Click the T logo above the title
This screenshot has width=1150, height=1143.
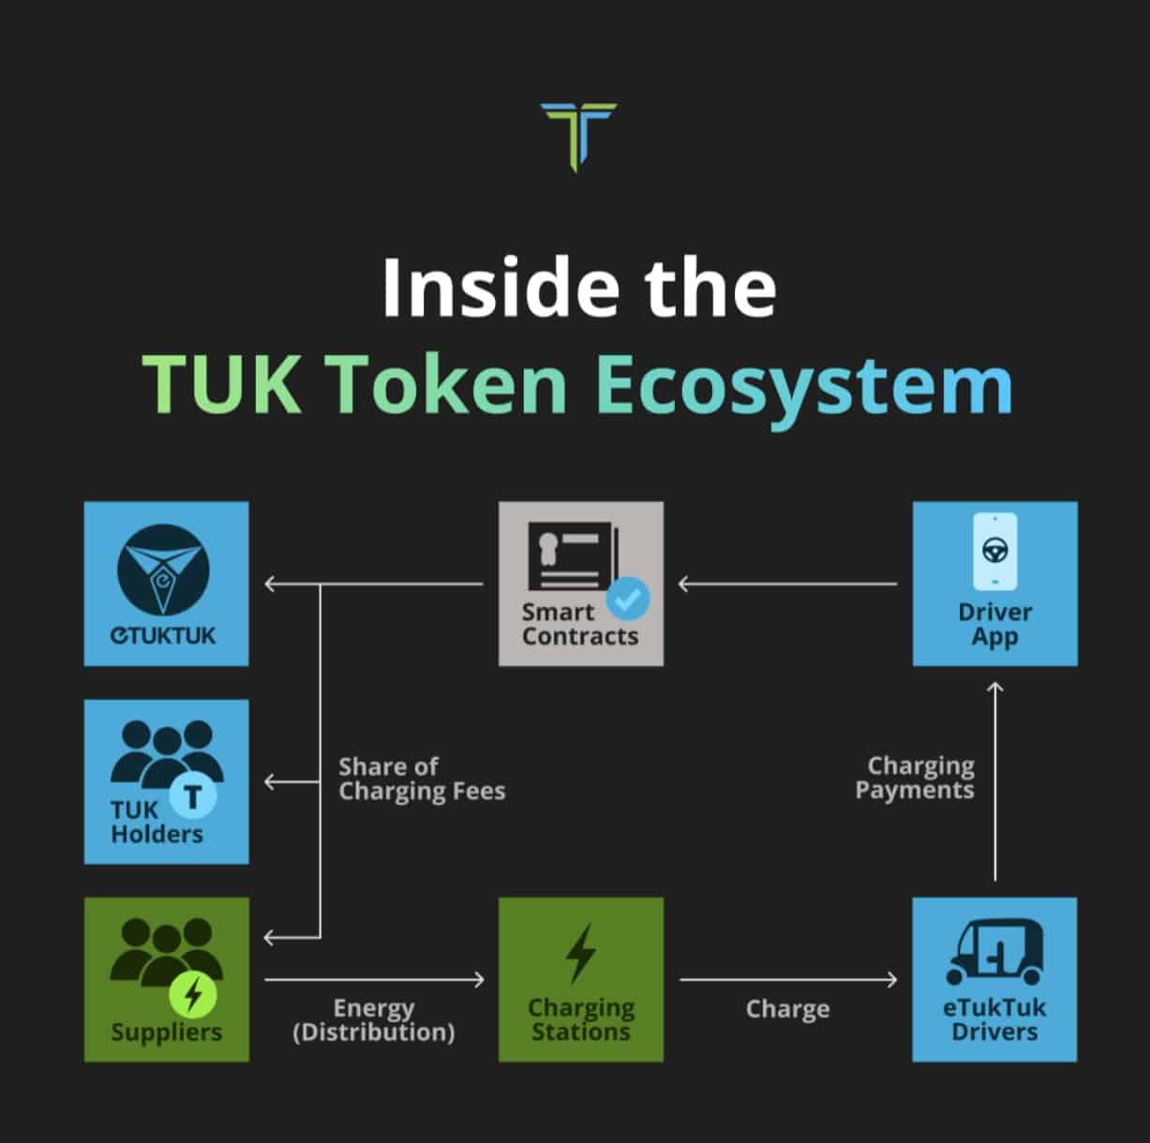point(578,136)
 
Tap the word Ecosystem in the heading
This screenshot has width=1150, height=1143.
point(804,385)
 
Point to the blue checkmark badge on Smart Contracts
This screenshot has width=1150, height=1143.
point(628,598)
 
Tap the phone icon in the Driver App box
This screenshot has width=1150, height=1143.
point(994,551)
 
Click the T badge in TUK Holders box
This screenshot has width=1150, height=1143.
point(192,797)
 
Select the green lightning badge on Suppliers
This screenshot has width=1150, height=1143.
point(192,994)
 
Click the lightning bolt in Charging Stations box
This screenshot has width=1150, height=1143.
point(581,954)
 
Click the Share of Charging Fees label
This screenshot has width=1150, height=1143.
point(421,779)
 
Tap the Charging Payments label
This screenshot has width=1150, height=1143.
point(915,778)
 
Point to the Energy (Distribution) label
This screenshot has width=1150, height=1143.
point(374,1020)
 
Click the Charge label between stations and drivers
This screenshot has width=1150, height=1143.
point(787,1009)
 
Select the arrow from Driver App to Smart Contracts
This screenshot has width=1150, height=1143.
point(787,584)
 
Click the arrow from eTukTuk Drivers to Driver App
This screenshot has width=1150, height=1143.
point(995,782)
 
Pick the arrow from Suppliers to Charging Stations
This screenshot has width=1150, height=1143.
point(374,979)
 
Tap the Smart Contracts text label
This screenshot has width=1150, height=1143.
point(579,624)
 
